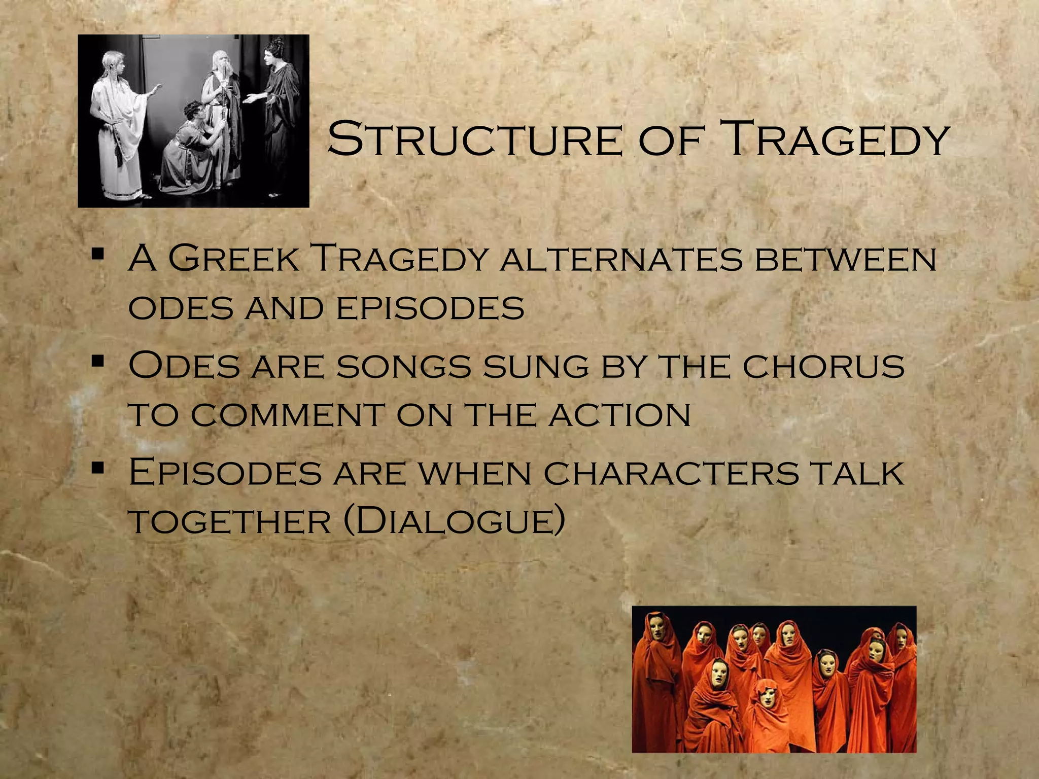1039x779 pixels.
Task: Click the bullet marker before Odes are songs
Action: (x=98, y=361)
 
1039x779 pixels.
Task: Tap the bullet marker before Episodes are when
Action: (x=98, y=468)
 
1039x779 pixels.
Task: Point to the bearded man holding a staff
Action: (x=223, y=112)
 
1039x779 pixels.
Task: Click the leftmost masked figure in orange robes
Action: (x=657, y=675)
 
